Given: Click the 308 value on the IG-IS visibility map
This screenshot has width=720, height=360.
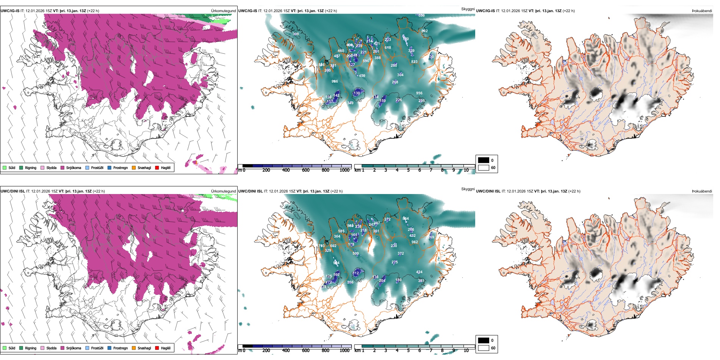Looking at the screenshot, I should (296, 34).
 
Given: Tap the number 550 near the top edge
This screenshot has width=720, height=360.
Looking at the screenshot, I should (421, 16).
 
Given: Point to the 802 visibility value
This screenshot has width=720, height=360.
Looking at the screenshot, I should (424, 31).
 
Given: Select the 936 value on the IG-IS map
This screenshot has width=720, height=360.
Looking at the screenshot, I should (419, 93).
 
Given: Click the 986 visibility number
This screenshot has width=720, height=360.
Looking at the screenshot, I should (335, 81).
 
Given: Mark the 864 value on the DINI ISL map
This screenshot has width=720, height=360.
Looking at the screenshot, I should (406, 219).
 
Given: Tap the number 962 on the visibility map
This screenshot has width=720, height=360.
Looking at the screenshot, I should (415, 242).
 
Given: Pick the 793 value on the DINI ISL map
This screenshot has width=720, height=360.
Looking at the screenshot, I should (321, 246).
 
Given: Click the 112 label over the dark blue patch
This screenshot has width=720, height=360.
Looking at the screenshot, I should (356, 273).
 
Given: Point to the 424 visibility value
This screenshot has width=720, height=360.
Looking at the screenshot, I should (419, 272).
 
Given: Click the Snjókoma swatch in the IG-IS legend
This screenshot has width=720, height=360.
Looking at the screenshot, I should (63, 168).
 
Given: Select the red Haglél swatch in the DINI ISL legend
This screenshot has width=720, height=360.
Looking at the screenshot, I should (157, 348).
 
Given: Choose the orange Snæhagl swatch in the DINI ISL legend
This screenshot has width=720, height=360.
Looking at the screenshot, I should (134, 348).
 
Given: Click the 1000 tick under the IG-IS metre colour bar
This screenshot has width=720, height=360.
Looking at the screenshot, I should (344, 171).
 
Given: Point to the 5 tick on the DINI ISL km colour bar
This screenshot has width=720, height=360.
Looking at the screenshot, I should (409, 351).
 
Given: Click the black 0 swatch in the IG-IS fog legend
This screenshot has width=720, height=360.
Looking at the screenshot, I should (484, 160).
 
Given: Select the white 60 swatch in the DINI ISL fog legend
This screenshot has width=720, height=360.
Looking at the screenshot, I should (484, 348).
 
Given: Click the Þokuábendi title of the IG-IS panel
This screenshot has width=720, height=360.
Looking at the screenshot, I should (702, 11).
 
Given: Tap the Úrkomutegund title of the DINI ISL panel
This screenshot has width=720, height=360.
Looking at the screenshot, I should (223, 191).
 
